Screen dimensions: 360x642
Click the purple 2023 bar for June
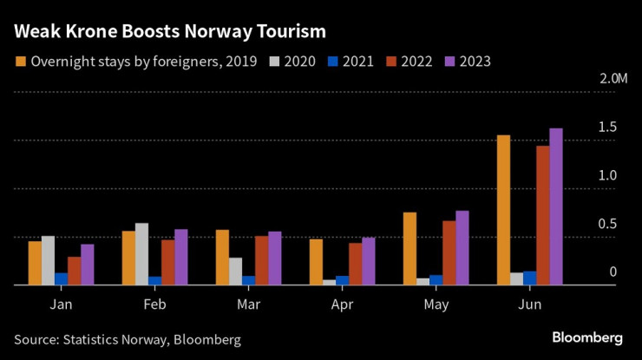click(556, 206)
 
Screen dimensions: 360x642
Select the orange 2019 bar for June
click(503, 210)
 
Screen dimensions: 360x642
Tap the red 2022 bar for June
click(542, 215)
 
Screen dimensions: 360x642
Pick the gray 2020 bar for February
click(141, 253)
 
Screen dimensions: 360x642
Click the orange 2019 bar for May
click(409, 248)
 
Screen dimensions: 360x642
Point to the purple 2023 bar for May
click(462, 247)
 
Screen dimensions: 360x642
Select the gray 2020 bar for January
click(48, 260)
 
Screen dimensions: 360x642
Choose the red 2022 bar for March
click(261, 260)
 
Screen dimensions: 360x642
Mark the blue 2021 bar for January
click(61, 278)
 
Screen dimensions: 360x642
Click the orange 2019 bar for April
click(316, 262)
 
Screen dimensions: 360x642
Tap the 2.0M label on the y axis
click(613, 80)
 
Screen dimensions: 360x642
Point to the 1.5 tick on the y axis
click(607, 128)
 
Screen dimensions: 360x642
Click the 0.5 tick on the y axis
click(607, 224)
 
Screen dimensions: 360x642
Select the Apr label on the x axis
click(342, 304)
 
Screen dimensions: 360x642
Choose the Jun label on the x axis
click(529, 304)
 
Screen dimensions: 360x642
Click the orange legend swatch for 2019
click(21, 62)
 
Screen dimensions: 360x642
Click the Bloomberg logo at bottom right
click(587, 337)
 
